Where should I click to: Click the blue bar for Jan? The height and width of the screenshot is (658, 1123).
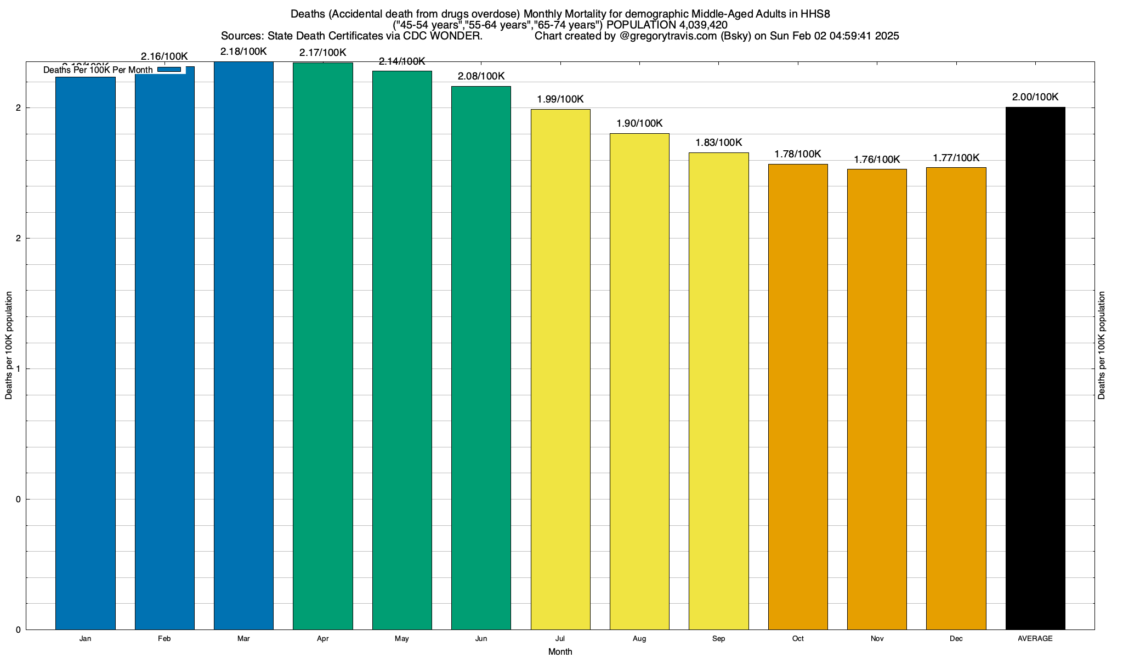86,353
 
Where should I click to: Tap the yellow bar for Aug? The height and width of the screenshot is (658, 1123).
639,381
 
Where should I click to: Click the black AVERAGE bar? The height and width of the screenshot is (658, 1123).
1035,368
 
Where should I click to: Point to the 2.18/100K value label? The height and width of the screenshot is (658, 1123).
243,52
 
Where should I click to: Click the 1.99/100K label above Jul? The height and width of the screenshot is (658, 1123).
560,99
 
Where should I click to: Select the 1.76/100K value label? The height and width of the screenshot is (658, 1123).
877,160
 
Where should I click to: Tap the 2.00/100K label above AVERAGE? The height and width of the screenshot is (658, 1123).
1035,97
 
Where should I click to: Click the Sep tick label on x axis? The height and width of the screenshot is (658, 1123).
718,639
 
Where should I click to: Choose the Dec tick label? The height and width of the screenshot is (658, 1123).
956,639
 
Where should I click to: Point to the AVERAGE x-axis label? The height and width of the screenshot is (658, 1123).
1035,639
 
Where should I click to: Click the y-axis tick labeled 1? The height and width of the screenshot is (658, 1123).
18,369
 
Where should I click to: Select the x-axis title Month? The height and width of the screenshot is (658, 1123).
560,652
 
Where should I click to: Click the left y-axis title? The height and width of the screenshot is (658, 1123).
9,345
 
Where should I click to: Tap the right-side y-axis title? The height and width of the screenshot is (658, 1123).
1102,345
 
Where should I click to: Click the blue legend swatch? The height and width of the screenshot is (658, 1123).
169,70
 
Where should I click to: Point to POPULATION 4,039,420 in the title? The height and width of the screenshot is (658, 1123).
667,25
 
